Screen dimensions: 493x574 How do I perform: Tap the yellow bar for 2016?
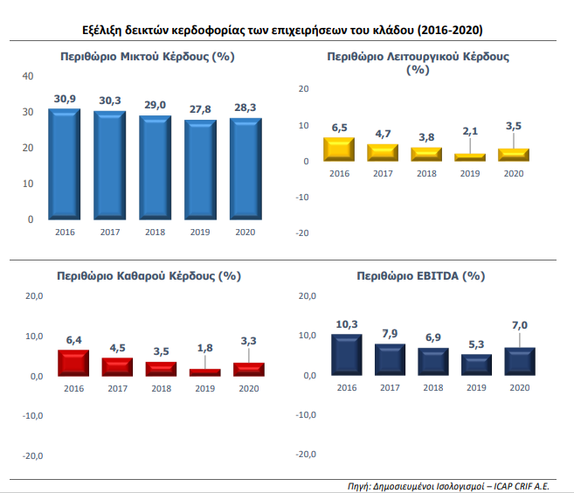(338, 149)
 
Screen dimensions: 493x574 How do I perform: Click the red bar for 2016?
(74, 363)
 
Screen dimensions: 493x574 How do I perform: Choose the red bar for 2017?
(116, 367)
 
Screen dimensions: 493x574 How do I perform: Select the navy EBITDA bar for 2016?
(347, 355)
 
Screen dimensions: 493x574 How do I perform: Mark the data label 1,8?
(204, 348)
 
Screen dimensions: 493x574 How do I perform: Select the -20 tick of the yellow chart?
(303, 233)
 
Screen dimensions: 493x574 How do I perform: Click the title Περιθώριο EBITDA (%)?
(420, 275)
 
